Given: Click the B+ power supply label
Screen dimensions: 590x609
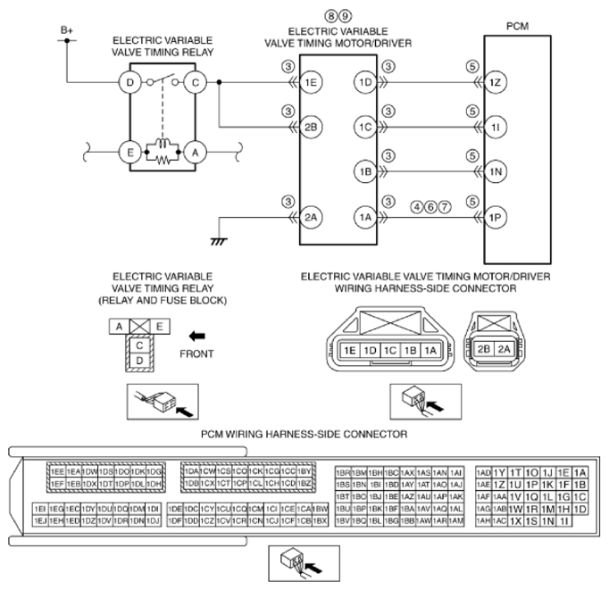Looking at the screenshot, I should (66, 29).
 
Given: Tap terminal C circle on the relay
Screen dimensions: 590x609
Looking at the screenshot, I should (195, 83).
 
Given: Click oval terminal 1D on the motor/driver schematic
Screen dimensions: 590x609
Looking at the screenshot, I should (365, 83).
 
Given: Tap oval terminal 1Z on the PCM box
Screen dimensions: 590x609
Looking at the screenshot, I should (497, 83).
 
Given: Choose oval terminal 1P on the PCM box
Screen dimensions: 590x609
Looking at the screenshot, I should (497, 215).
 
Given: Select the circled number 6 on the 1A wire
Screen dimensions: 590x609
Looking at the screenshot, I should (430, 206).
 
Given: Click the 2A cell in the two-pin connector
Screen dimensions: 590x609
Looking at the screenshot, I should (504, 350).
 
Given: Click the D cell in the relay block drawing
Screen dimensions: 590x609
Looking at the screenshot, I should (139, 358).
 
